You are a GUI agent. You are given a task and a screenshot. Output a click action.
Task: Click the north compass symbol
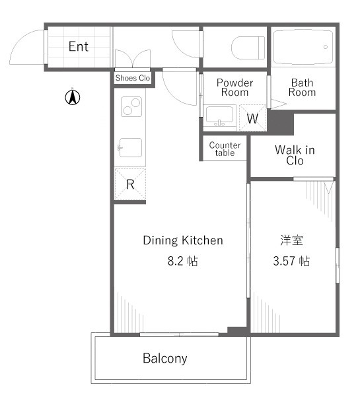(73, 97)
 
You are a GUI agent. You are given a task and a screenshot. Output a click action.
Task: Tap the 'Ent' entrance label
(79, 47)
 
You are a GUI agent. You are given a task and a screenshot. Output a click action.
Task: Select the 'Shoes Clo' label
(133, 78)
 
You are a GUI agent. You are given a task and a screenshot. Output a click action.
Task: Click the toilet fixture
(248, 48)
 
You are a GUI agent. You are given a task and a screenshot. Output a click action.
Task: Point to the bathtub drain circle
(326, 47)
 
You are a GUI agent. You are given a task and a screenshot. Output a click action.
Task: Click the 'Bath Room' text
(303, 87)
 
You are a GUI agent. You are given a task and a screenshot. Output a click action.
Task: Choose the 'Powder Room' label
(234, 87)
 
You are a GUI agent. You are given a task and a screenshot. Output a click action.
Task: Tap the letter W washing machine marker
(252, 118)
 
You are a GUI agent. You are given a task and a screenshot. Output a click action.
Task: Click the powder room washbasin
(219, 116)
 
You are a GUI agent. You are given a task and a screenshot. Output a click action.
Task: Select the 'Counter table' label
(225, 149)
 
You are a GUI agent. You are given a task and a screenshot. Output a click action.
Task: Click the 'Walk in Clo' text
(295, 155)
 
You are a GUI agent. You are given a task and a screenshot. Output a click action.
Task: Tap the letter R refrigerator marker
(130, 184)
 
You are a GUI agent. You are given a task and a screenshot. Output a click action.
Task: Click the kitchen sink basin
(130, 147)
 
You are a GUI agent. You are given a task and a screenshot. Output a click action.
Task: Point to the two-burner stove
(131, 106)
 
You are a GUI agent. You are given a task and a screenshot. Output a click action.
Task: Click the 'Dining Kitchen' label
(183, 240)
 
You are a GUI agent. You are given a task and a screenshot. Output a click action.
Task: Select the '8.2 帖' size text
(182, 261)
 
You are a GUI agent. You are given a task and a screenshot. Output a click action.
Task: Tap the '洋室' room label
(292, 240)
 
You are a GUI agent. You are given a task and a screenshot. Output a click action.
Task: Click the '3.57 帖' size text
(291, 261)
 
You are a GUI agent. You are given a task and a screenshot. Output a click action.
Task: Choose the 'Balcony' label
(165, 359)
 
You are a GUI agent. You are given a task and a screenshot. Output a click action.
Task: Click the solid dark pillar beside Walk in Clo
(281, 123)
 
